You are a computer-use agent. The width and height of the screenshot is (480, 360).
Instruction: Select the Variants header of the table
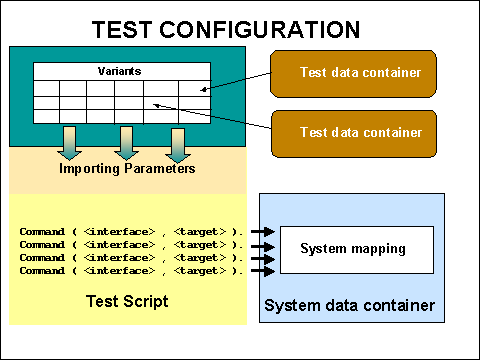click(x=120, y=72)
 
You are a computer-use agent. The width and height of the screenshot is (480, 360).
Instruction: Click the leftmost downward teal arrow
click(x=70, y=143)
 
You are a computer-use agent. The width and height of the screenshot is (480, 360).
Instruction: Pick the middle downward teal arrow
click(x=125, y=143)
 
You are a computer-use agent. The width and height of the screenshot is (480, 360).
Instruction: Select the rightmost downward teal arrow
click(x=177, y=143)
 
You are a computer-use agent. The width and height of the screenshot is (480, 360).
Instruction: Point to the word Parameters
click(x=158, y=168)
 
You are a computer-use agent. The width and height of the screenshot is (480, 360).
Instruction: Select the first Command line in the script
click(x=131, y=232)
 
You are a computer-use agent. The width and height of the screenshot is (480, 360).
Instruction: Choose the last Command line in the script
click(x=131, y=271)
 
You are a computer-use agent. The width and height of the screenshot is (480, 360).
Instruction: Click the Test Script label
click(x=128, y=300)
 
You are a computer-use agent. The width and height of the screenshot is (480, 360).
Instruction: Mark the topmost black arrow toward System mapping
click(x=261, y=232)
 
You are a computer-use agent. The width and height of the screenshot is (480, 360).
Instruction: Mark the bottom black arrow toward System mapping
click(x=261, y=271)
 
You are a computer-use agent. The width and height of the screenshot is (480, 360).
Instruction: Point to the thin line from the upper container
click(x=240, y=81)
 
